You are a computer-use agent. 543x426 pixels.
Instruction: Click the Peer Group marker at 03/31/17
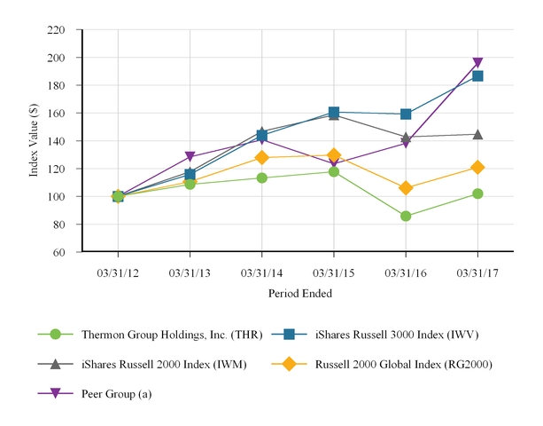click(x=477, y=64)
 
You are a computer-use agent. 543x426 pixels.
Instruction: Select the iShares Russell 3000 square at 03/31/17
click(x=477, y=76)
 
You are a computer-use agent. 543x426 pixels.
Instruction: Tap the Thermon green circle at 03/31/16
click(x=406, y=216)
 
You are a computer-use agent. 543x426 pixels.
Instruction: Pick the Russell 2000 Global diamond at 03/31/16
click(x=406, y=188)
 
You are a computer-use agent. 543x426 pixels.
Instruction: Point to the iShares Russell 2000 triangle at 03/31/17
click(x=477, y=134)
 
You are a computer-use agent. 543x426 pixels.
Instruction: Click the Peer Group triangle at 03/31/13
click(x=190, y=157)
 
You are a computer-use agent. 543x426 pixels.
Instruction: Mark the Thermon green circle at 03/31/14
click(x=262, y=177)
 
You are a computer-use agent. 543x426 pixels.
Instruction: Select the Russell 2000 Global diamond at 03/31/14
click(x=262, y=158)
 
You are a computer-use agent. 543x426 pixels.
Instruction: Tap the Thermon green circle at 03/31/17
click(x=477, y=193)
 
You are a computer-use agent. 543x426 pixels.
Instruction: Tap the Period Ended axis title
click(x=298, y=292)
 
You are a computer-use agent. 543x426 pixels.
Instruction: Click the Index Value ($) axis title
click(x=35, y=141)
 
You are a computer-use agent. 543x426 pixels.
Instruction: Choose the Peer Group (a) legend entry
click(x=116, y=393)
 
